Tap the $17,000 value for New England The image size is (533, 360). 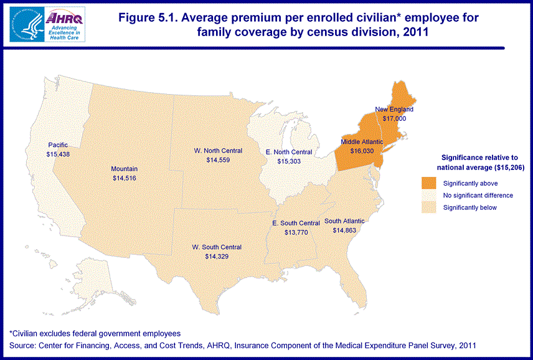coord(394,118)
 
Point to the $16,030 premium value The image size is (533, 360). coord(362,151)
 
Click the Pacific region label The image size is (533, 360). coord(57,144)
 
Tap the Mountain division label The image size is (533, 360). coord(125,169)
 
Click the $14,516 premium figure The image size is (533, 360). coord(125,178)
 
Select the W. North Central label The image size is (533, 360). coord(218,151)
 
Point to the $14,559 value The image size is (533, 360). coord(218,160)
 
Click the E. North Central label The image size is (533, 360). coord(289,152)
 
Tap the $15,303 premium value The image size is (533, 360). coord(289,161)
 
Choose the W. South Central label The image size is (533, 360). coord(217,247)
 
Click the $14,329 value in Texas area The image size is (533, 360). coord(217,257)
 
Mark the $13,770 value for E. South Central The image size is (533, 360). coord(296,232)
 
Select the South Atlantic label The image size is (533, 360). coord(344,221)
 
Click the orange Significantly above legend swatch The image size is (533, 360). coord(429,183)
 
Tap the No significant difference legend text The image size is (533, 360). coord(478,196)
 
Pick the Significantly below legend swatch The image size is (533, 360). coord(429,207)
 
